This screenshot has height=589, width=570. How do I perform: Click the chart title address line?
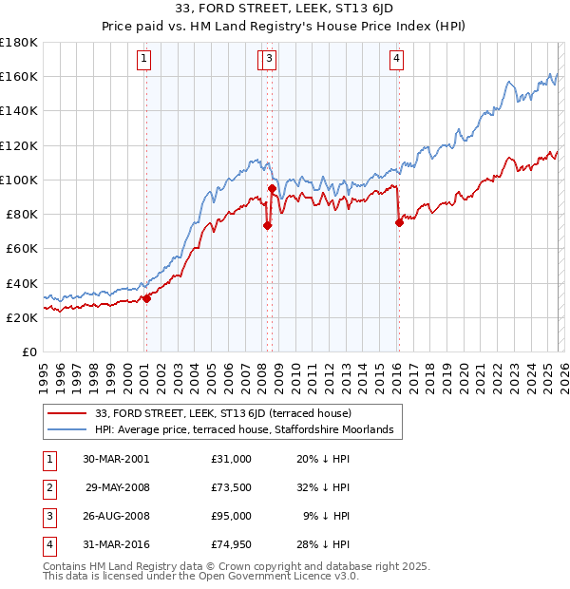pyautogui.click(x=284, y=9)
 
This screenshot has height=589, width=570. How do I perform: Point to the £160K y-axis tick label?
pyautogui.click(x=19, y=76)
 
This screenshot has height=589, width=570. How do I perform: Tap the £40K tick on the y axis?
pyautogui.click(x=22, y=283)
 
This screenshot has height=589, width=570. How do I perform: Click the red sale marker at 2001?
pyautogui.click(x=147, y=298)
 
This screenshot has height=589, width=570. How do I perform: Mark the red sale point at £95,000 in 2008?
pyautogui.click(x=272, y=188)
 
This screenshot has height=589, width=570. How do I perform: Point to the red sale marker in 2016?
pyautogui.click(x=399, y=222)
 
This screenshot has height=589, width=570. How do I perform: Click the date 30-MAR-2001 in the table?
pyautogui.click(x=116, y=459)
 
